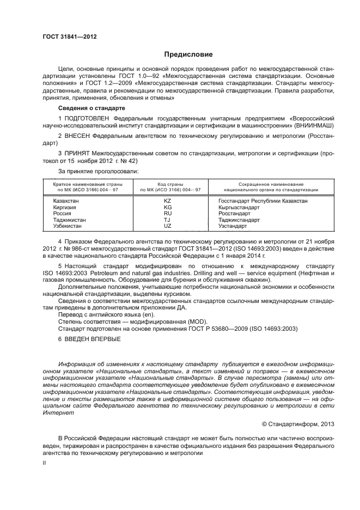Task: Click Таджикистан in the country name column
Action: (69, 220)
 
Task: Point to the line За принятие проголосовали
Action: (98, 171)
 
